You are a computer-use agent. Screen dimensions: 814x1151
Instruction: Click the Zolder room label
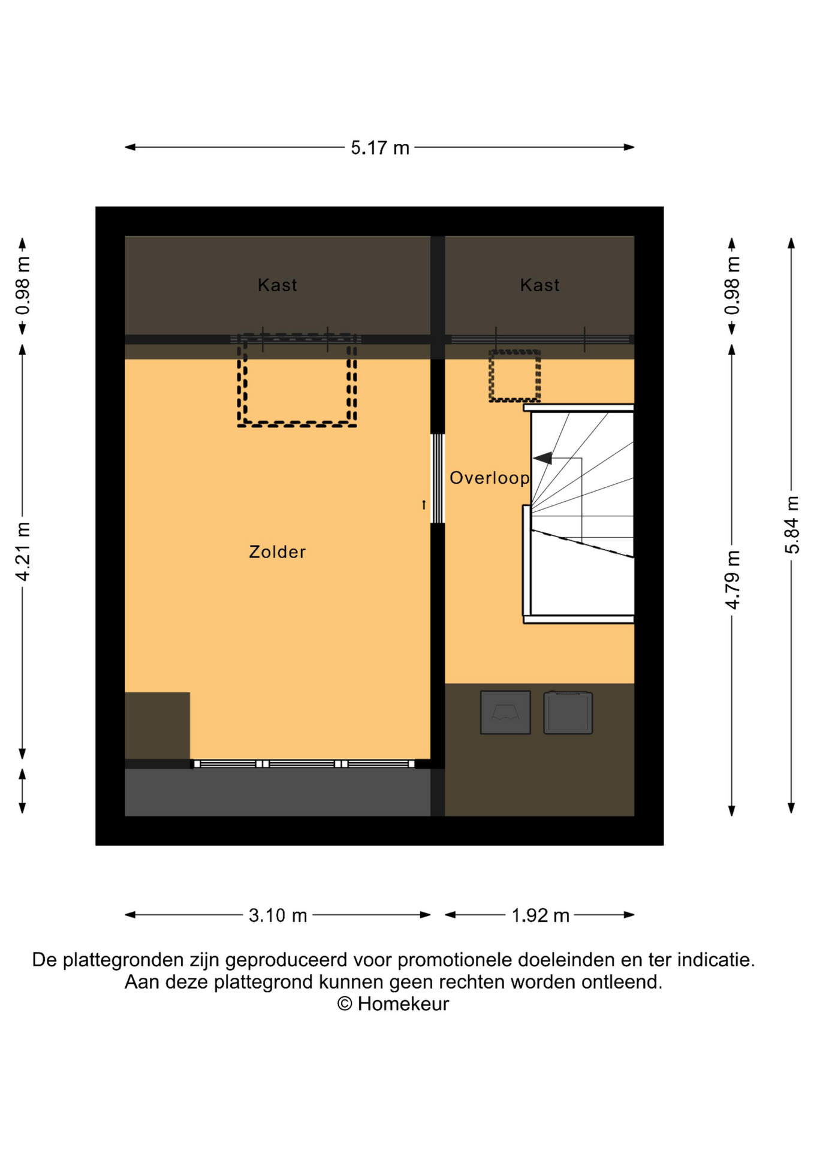coord(277,552)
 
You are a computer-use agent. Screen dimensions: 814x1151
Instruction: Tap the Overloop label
coord(490,478)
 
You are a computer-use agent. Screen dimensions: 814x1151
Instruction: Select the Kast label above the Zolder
coord(277,285)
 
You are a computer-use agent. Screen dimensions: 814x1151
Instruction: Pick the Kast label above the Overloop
coord(539,285)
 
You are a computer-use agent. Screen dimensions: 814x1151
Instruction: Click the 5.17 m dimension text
coord(380,147)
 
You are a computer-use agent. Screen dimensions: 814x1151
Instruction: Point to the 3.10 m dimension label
coord(278,915)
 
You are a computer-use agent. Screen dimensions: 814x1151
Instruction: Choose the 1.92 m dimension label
coord(540,915)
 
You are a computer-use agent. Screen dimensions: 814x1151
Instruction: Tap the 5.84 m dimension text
coord(792,525)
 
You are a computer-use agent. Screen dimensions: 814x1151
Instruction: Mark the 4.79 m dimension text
coord(732,580)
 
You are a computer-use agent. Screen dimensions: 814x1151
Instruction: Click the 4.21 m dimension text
coord(23,552)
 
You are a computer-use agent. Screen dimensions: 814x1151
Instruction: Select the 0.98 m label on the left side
coord(23,286)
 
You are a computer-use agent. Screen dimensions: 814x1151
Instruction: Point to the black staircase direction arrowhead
coord(543,459)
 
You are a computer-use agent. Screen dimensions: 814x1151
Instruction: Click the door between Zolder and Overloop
coord(438,478)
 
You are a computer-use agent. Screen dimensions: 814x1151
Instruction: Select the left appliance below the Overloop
coord(505,712)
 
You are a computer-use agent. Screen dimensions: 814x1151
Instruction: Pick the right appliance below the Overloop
coord(568,712)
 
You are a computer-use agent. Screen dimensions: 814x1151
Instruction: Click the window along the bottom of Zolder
coord(304,764)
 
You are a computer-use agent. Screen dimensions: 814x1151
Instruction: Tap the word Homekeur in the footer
coord(403,1004)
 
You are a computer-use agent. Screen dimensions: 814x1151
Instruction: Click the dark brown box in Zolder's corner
coord(157,726)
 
